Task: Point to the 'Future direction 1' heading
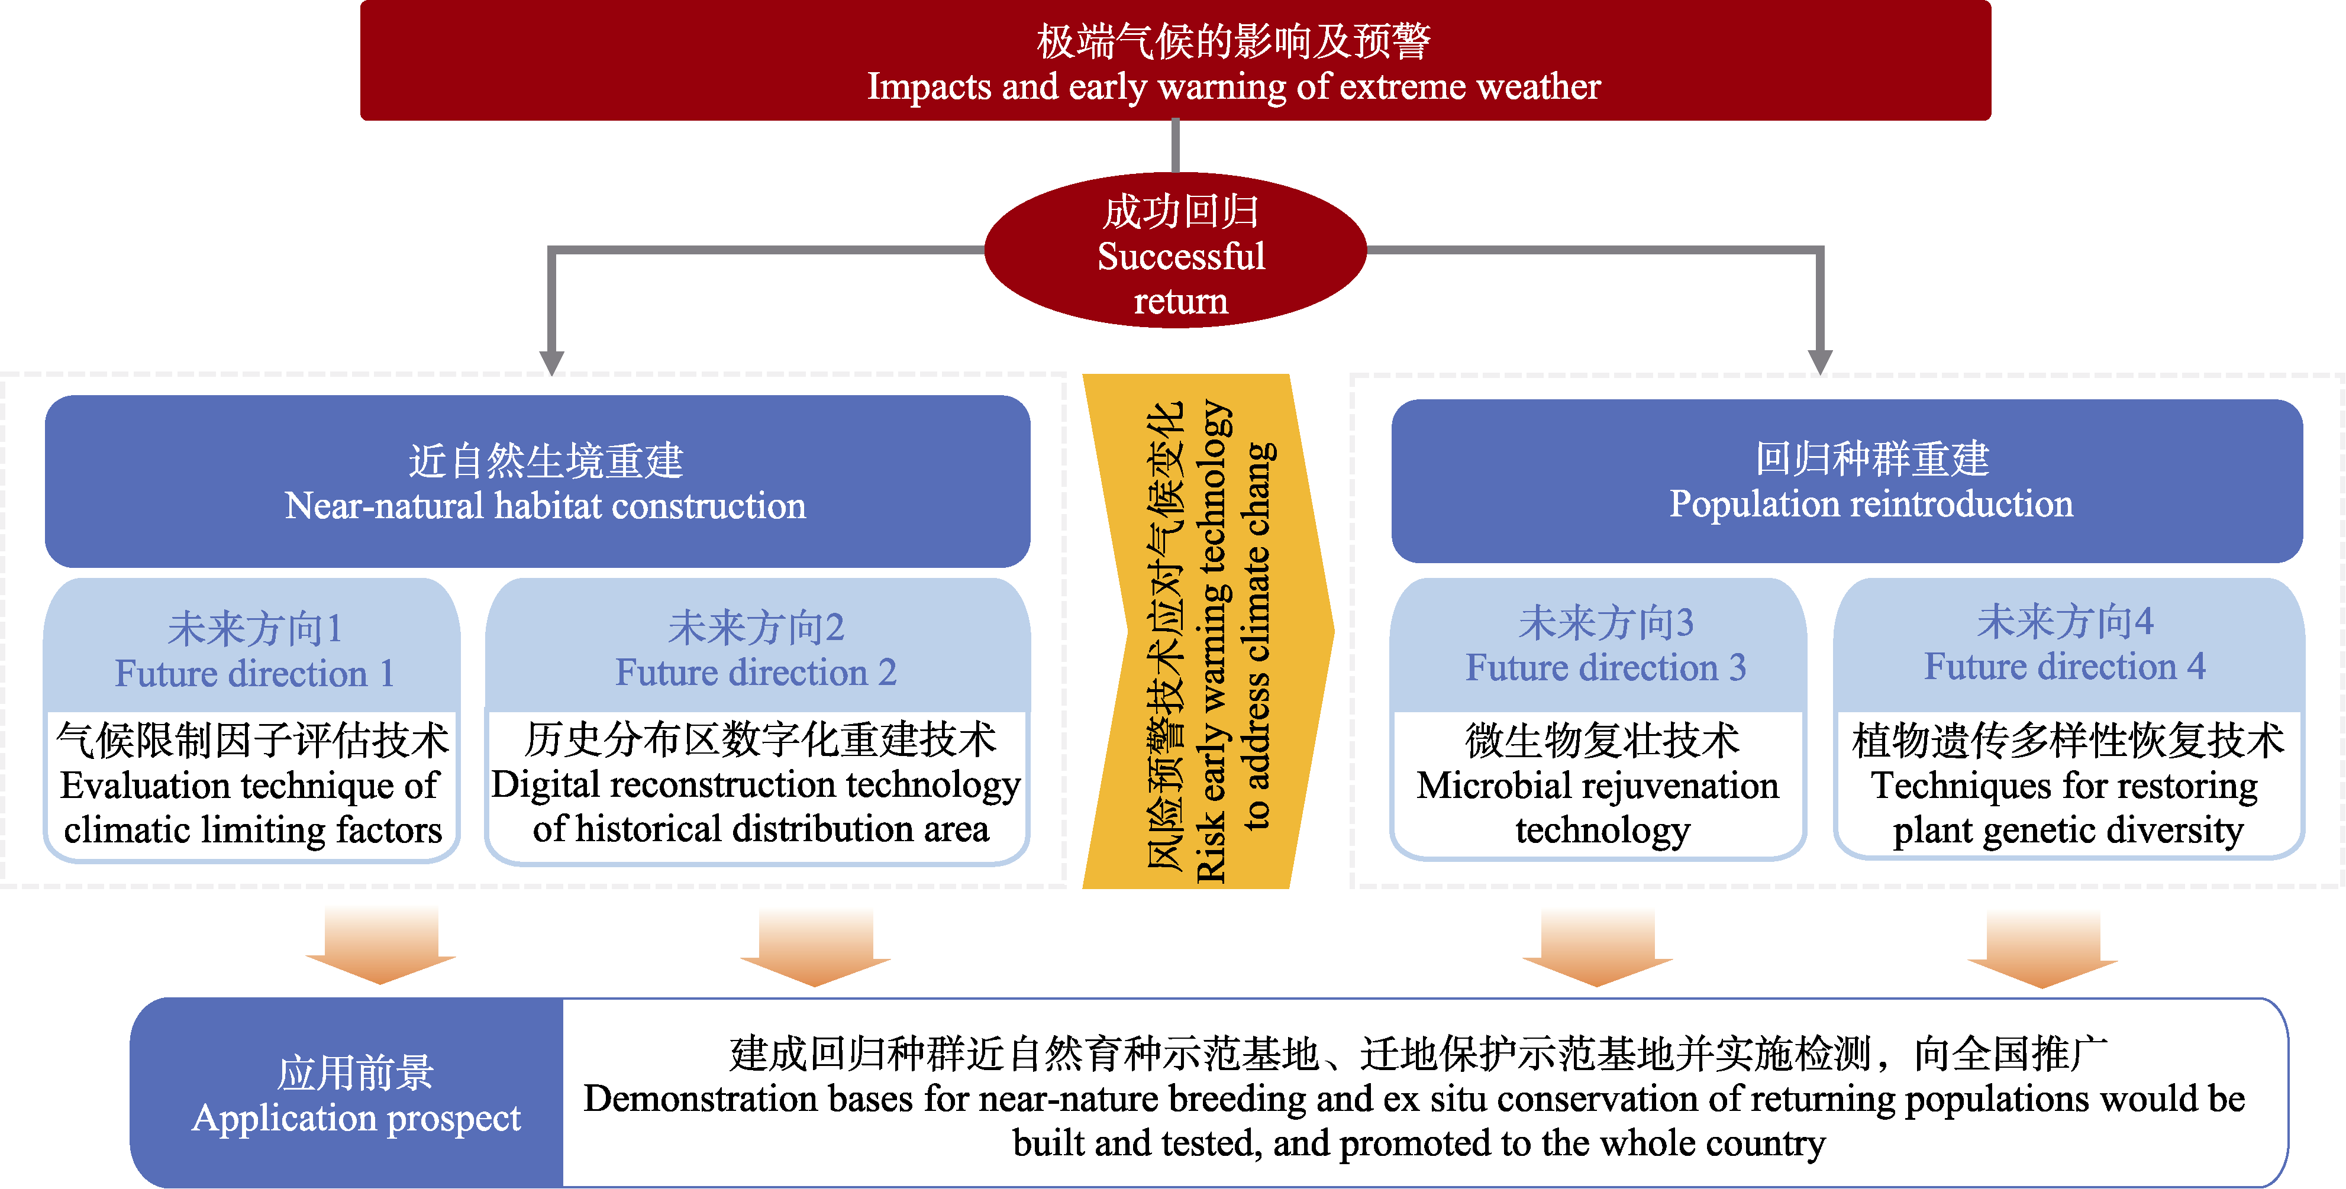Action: point(253,650)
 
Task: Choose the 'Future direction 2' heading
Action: point(756,649)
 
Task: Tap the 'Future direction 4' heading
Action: point(2064,644)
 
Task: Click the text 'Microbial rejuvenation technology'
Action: point(1598,785)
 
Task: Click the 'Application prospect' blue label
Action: point(355,1093)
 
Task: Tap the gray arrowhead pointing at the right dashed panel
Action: point(1819,361)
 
